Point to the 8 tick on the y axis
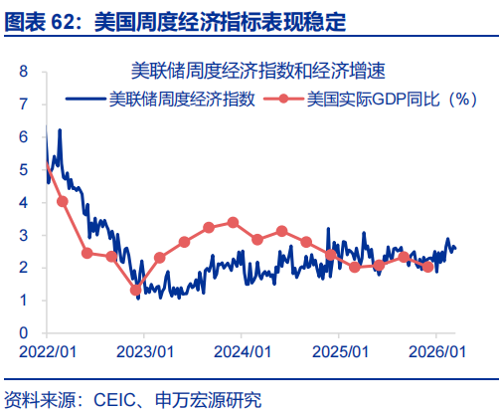[x=23, y=73]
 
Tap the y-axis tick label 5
[x=23, y=170]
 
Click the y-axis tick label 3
[x=23, y=235]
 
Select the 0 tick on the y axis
[x=23, y=332]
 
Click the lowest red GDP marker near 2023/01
[x=136, y=290]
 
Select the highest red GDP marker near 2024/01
[x=233, y=222]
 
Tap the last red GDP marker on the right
[x=428, y=266]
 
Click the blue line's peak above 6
[x=60, y=130]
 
